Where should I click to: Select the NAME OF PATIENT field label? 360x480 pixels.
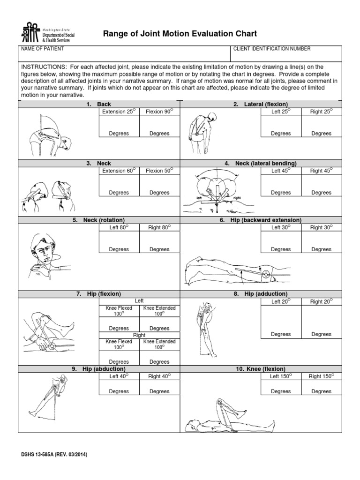point(42,49)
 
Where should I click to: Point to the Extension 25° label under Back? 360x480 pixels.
point(119,112)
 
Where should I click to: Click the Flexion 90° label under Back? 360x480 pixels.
point(159,112)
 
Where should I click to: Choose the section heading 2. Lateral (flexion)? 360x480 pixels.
point(261,104)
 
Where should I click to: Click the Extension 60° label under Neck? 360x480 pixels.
point(119,171)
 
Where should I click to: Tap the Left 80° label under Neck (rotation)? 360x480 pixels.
point(119,228)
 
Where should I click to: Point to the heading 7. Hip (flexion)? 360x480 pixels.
point(98,294)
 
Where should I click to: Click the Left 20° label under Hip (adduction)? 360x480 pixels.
point(281,302)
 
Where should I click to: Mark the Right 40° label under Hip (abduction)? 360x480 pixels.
point(159,376)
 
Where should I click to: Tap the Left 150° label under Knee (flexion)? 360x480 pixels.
point(281,376)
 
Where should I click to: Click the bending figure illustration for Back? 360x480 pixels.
point(49,133)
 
